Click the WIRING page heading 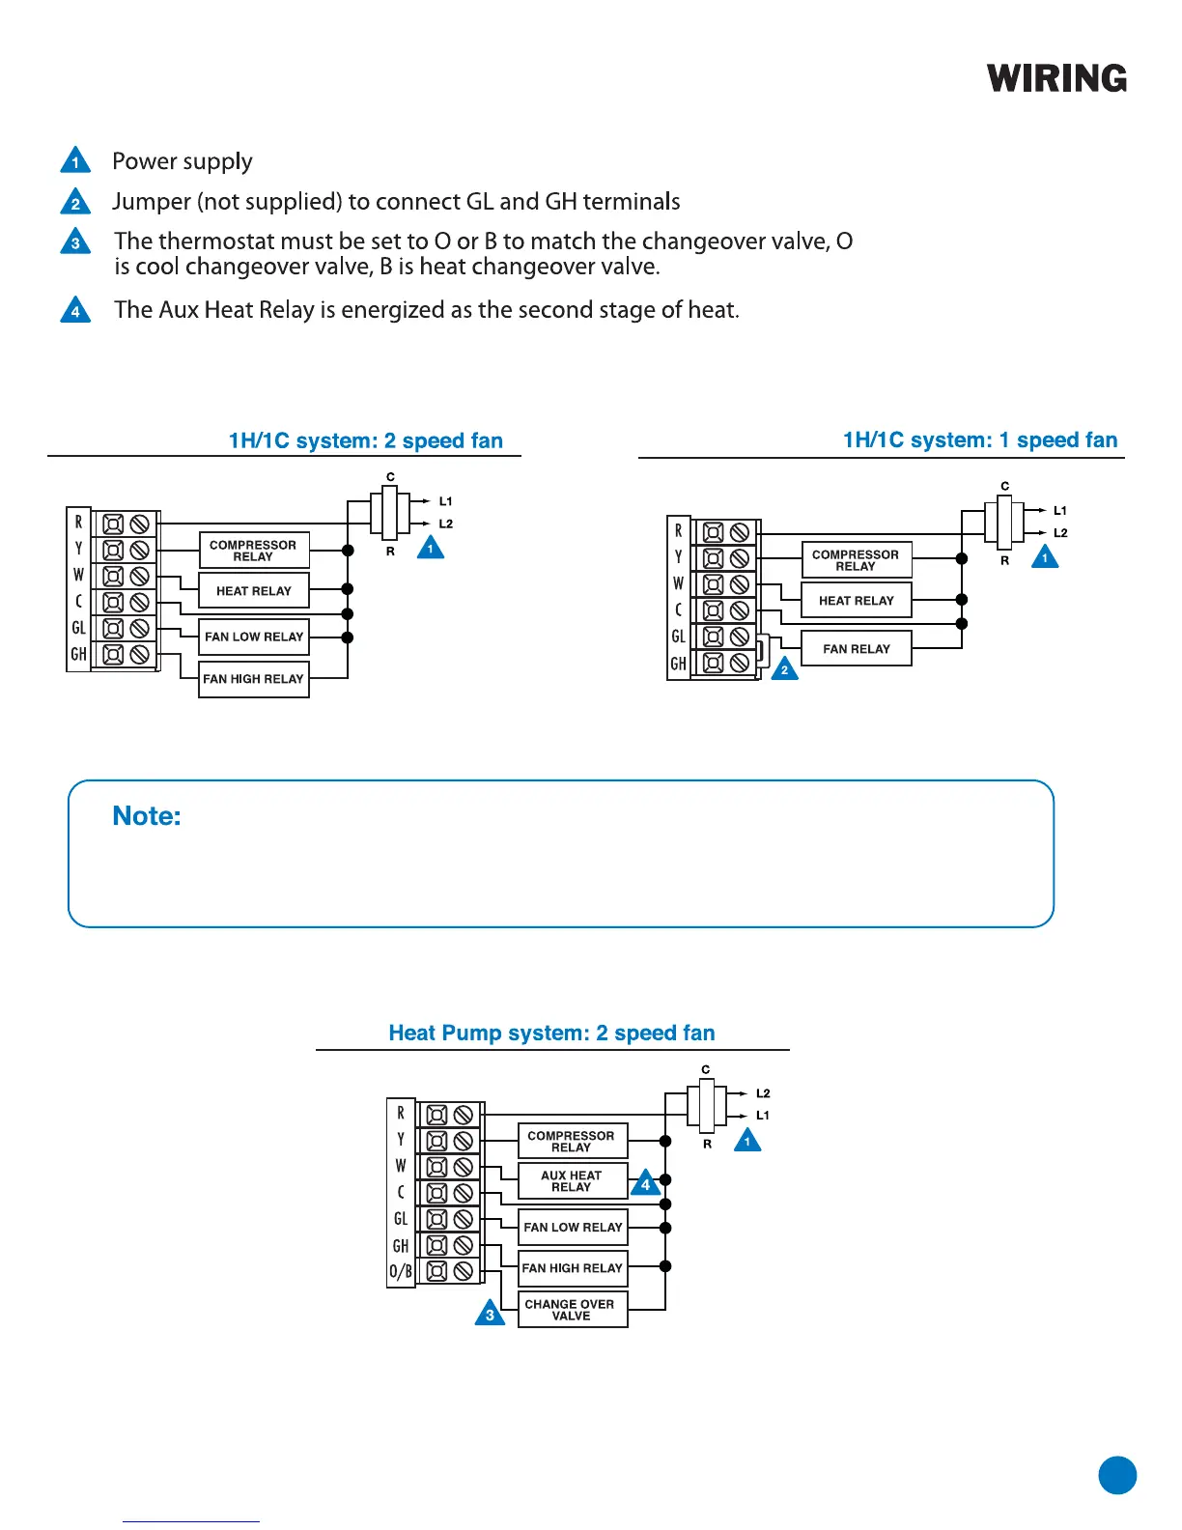point(1056,79)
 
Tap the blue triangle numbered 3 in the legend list point(75,241)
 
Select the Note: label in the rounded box point(147,816)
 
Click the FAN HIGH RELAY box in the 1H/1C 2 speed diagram point(253,679)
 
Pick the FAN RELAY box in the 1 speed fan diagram point(857,649)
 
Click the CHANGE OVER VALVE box point(572,1310)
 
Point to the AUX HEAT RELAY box point(572,1181)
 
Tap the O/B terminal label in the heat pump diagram point(401,1271)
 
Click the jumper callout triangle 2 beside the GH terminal point(784,668)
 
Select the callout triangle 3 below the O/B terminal point(490,1314)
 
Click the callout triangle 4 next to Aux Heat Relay point(645,1183)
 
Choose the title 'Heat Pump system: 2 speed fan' point(551,1033)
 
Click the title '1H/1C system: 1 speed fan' point(979,440)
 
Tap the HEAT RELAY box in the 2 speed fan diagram point(253,591)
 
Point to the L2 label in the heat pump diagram point(763,1093)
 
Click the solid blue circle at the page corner point(1117,1475)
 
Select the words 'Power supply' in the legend point(183,161)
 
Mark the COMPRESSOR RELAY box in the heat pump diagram point(572,1142)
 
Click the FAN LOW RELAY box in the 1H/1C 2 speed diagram point(253,637)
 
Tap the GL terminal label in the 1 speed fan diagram point(678,637)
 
